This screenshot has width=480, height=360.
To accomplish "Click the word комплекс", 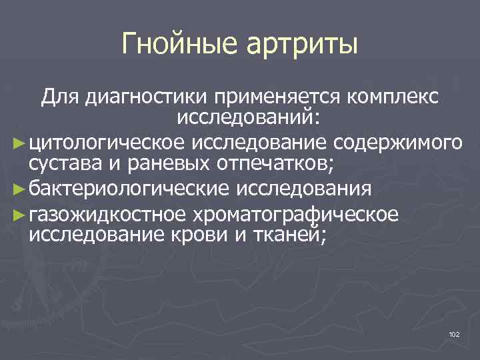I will [392, 98].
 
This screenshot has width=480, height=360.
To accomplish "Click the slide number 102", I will [454, 333].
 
